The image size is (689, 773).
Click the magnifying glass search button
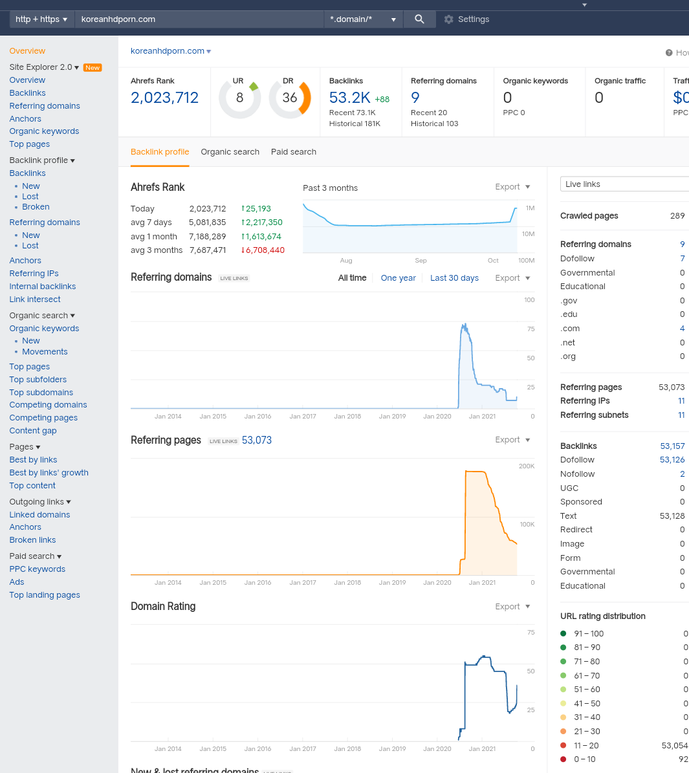pyautogui.click(x=419, y=19)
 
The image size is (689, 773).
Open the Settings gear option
pyautogui.click(x=466, y=19)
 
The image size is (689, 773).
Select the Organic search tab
pyautogui.click(x=230, y=152)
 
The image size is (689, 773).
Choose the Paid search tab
pyautogui.click(x=294, y=152)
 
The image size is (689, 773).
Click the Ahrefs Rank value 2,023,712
pyautogui.click(x=164, y=98)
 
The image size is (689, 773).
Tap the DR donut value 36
pyautogui.click(x=289, y=98)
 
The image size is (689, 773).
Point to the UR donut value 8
pyautogui.click(x=240, y=98)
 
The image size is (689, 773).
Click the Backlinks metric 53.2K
pyautogui.click(x=350, y=98)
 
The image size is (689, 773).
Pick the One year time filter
pyautogui.click(x=398, y=278)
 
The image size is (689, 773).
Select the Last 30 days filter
pyautogui.click(x=454, y=278)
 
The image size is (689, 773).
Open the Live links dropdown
pyautogui.click(x=624, y=184)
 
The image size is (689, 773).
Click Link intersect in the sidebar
pyautogui.click(x=35, y=299)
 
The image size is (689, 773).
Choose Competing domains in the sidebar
pyautogui.click(x=48, y=405)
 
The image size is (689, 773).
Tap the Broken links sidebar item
pyautogui.click(x=32, y=540)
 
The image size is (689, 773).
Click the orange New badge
pyautogui.click(x=93, y=67)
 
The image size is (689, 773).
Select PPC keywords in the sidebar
pyautogui.click(x=37, y=569)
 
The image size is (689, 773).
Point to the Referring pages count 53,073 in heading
pyautogui.click(x=256, y=441)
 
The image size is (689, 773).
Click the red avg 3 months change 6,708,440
pyautogui.click(x=263, y=250)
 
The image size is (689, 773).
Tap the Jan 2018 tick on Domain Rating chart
pyautogui.click(x=347, y=749)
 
